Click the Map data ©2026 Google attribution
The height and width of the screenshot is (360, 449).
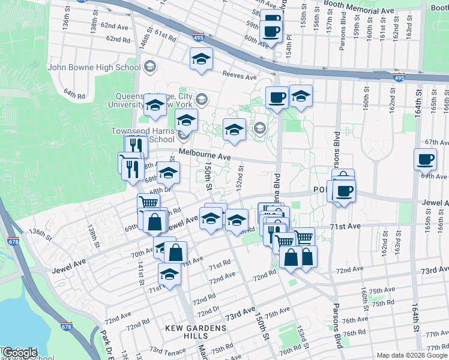click(412, 355)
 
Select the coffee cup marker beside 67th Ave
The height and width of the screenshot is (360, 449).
click(425, 160)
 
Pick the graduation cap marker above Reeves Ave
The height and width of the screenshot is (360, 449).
click(202, 59)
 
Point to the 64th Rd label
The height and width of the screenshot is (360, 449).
click(74, 94)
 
